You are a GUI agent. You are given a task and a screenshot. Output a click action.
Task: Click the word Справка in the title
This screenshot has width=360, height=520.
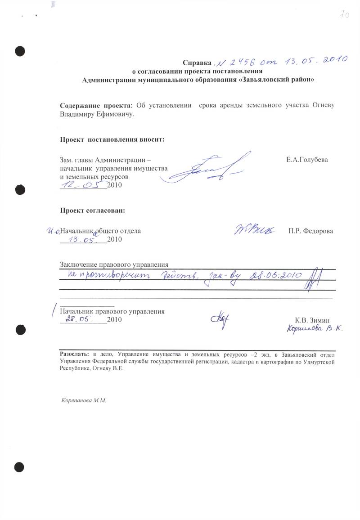pyautogui.click(x=197, y=63)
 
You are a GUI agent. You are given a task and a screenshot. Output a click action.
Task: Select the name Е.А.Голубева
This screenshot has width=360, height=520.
pyautogui.click(x=307, y=160)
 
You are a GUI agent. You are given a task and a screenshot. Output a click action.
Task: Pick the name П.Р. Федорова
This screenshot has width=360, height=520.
pyautogui.click(x=310, y=231)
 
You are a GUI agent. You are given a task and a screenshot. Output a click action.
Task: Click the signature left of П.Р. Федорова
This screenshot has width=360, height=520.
pyautogui.click(x=254, y=229)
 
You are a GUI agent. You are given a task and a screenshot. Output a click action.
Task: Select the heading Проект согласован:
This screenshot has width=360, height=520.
pyautogui.click(x=92, y=210)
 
